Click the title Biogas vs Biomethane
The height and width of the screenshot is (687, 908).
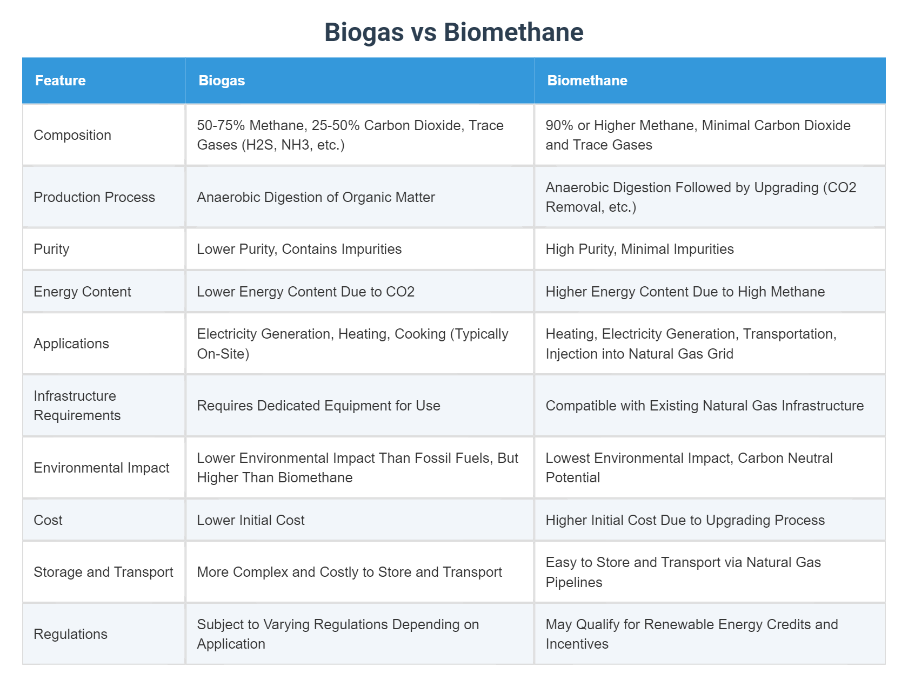[x=453, y=32]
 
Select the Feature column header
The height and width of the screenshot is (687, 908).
[x=61, y=80]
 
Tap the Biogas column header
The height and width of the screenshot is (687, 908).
[x=222, y=80]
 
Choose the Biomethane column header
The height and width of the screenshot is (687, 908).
[x=587, y=80]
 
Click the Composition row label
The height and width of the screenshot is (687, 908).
[x=72, y=135]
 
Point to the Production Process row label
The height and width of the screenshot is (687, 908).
[x=94, y=197]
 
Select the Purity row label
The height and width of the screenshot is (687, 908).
[x=51, y=249]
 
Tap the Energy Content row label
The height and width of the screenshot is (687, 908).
[x=82, y=292]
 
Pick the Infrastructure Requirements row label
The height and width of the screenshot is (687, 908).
[x=77, y=406]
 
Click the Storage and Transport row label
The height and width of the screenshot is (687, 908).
[x=103, y=572]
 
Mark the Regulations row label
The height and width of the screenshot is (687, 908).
[x=70, y=634]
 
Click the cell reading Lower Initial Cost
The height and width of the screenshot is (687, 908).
[x=251, y=520]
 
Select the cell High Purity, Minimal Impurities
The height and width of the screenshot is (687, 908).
[x=639, y=249]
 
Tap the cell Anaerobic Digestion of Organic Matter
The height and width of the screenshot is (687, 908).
[x=316, y=197]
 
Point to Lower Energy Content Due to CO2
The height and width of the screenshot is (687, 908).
[x=305, y=292]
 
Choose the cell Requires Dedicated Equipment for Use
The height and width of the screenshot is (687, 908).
[x=318, y=406]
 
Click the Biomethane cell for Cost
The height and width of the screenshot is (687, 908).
[x=685, y=520]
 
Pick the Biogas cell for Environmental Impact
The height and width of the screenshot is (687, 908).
[x=357, y=468]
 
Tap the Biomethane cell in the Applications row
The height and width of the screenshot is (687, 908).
[x=691, y=343]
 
